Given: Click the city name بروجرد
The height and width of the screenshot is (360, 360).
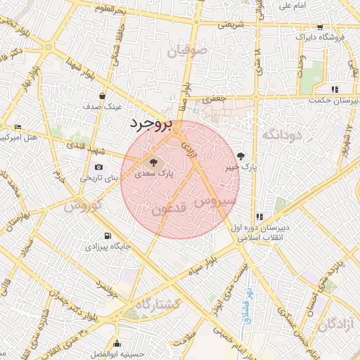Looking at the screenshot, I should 150,124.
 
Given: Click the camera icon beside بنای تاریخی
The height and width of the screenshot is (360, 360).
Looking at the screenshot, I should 98,167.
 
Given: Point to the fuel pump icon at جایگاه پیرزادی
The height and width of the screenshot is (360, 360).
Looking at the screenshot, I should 107,236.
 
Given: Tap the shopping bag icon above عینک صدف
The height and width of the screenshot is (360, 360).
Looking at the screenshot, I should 103,96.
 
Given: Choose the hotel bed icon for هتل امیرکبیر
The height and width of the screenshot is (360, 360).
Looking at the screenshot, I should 18,127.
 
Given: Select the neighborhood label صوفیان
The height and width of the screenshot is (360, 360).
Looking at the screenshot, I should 188,50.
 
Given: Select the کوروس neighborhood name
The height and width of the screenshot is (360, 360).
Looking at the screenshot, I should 84,207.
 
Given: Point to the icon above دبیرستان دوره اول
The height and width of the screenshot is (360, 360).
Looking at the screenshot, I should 259,217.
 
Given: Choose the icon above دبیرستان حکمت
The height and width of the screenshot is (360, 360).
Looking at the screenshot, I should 335,89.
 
